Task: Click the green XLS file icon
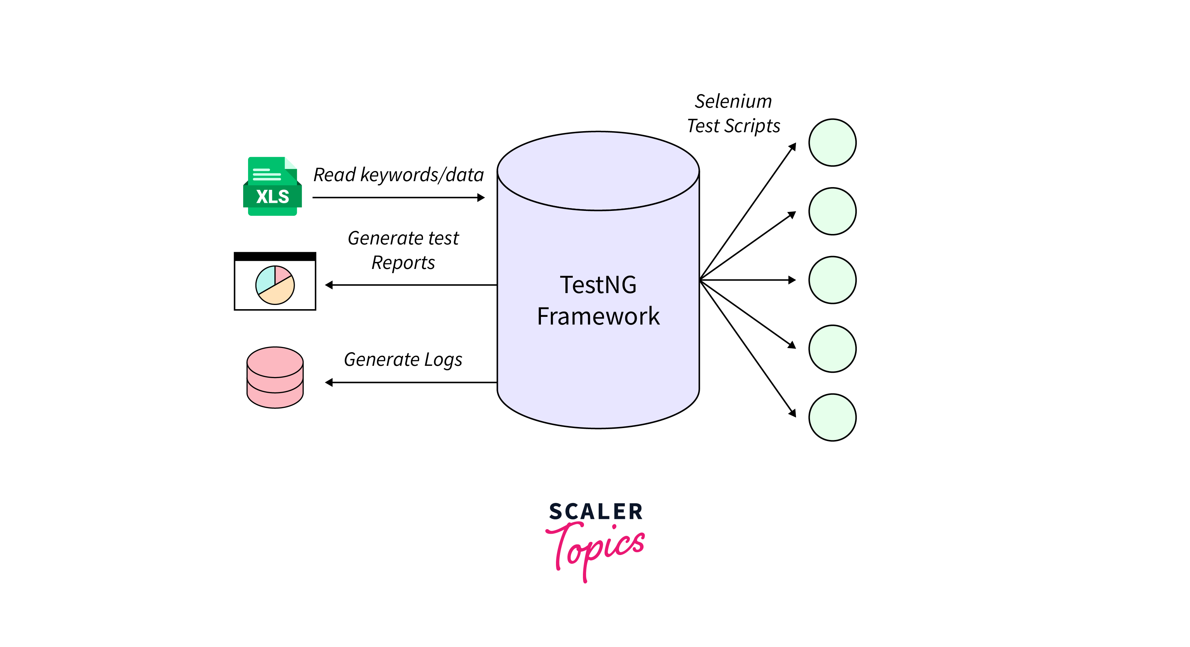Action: point(273,186)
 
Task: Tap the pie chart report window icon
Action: point(275,281)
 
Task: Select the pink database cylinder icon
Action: point(275,377)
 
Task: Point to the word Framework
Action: point(598,317)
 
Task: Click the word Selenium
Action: point(733,101)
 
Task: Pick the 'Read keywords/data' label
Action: point(398,175)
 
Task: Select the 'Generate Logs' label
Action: point(403,359)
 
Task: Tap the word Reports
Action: point(403,263)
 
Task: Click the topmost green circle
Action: point(832,143)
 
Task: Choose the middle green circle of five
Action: point(832,280)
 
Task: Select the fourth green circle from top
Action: point(832,349)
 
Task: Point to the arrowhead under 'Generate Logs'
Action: point(329,382)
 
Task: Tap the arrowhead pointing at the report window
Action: point(329,285)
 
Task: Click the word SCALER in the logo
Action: point(596,512)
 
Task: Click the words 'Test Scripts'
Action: point(733,126)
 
